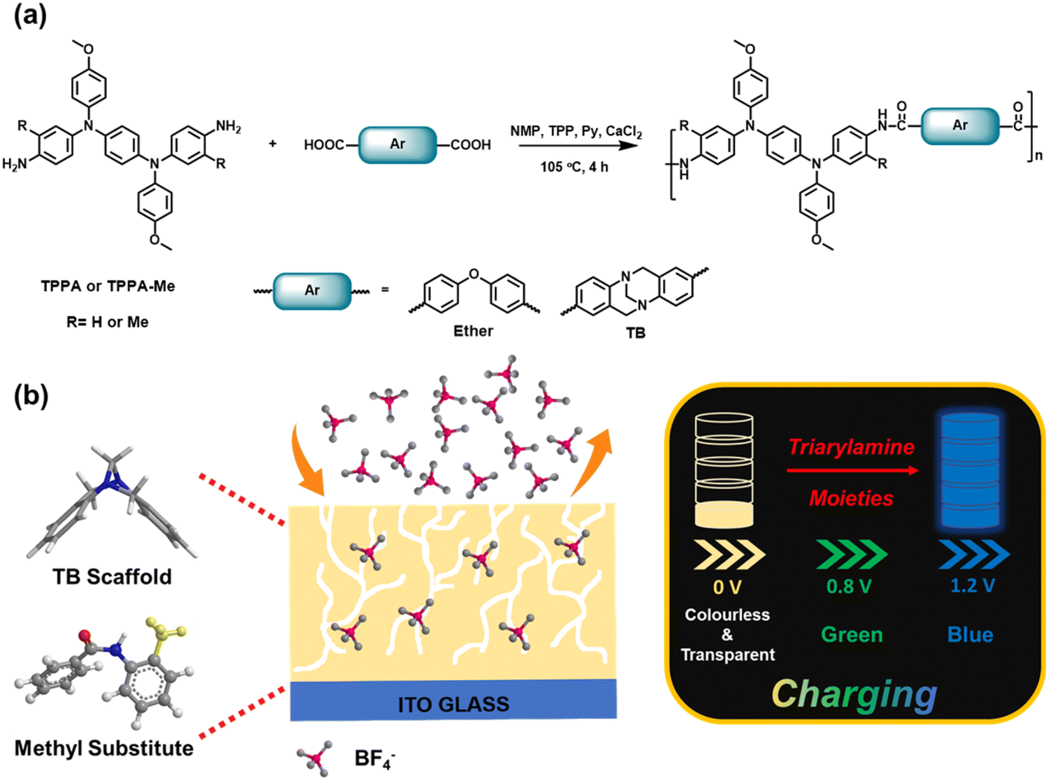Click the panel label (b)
point(31,395)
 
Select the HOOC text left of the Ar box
point(324,144)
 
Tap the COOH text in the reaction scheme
point(471,144)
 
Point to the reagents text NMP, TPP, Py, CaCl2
point(576,131)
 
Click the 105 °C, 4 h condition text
point(575,167)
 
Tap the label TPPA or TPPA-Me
point(108,286)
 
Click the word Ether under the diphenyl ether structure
point(473,331)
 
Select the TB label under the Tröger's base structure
point(636,333)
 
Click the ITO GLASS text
point(454,705)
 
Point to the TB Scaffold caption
point(112,577)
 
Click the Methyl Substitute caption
point(104,748)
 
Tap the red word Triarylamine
point(852,447)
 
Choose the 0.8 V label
point(849,587)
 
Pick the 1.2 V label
point(973,585)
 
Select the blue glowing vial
point(970,471)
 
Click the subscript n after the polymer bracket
point(1038,155)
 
